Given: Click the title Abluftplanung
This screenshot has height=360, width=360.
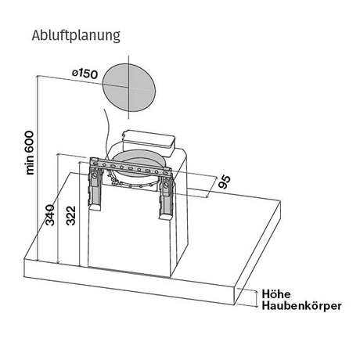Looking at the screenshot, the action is click(76, 36).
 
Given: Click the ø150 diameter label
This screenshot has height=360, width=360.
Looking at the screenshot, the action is click(85, 74).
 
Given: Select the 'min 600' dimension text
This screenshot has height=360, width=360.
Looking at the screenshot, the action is click(30, 153).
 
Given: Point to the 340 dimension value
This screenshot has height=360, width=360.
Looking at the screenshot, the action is click(50, 215).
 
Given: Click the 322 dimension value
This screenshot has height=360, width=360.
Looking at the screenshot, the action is click(70, 215).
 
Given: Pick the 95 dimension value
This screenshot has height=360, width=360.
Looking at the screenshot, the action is click(225, 182).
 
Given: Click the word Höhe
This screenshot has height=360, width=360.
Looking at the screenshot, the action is click(276, 294).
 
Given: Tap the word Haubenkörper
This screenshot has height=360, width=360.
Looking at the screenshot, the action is click(301, 306).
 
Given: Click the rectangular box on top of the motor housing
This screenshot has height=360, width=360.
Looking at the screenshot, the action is click(148, 142).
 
